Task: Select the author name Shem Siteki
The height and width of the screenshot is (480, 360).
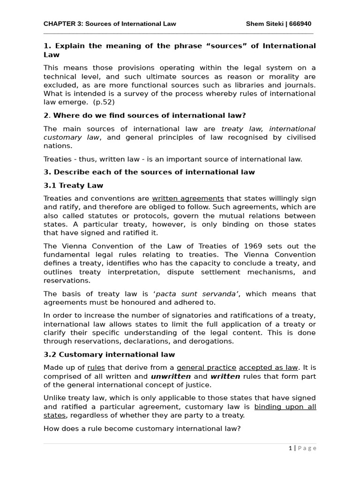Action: coord(265,24)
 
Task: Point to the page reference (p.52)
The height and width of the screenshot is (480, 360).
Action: coord(104,102)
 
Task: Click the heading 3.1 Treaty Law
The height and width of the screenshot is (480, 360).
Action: coord(73,185)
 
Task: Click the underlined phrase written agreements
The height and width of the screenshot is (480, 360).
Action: coord(187,198)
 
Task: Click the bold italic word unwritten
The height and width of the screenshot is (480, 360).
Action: coord(171,376)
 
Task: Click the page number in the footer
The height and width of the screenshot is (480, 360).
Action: coord(291,448)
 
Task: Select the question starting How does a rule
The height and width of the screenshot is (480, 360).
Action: coord(142,428)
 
